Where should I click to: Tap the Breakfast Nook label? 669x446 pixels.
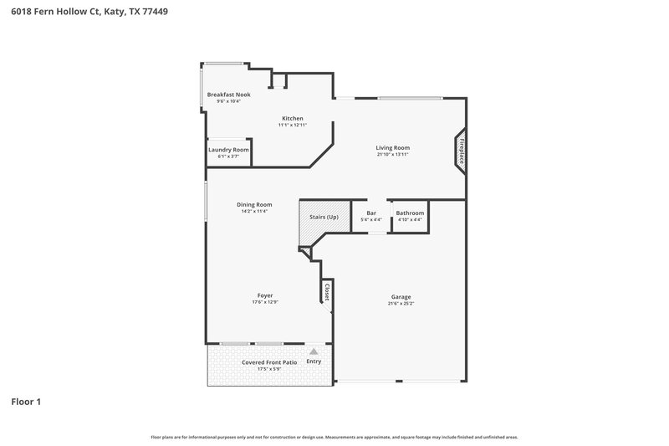pyautogui.click(x=228, y=95)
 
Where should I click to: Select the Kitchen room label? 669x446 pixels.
pyautogui.click(x=292, y=118)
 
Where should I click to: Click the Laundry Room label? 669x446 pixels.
pyautogui.click(x=228, y=149)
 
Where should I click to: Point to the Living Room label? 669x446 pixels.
pyautogui.click(x=392, y=147)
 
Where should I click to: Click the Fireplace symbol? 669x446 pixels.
pyautogui.click(x=460, y=151)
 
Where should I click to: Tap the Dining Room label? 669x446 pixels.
pyautogui.click(x=254, y=204)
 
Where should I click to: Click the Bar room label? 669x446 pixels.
pyautogui.click(x=371, y=213)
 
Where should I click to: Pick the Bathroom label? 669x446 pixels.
pyautogui.click(x=410, y=213)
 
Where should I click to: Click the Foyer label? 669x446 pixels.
pyautogui.click(x=264, y=295)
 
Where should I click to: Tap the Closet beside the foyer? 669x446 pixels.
pyautogui.click(x=326, y=292)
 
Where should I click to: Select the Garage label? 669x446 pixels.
pyautogui.click(x=401, y=296)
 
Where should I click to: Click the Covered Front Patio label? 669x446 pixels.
pyautogui.click(x=269, y=362)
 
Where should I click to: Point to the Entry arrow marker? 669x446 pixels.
pyautogui.click(x=314, y=352)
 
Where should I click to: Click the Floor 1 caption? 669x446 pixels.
pyautogui.click(x=26, y=402)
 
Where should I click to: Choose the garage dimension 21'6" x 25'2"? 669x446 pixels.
pyautogui.click(x=401, y=303)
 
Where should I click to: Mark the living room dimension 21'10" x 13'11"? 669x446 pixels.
pyautogui.click(x=392, y=154)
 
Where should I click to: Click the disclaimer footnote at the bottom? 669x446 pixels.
pyautogui.click(x=334, y=437)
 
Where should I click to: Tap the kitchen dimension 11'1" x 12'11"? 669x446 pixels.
pyautogui.click(x=292, y=125)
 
